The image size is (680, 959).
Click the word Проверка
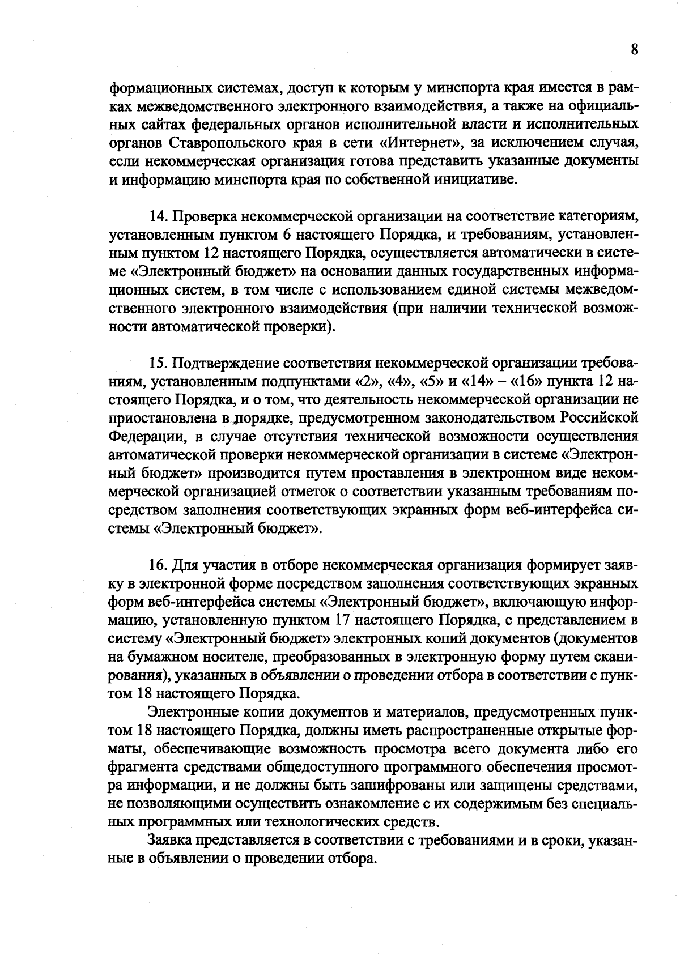(205, 216)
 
